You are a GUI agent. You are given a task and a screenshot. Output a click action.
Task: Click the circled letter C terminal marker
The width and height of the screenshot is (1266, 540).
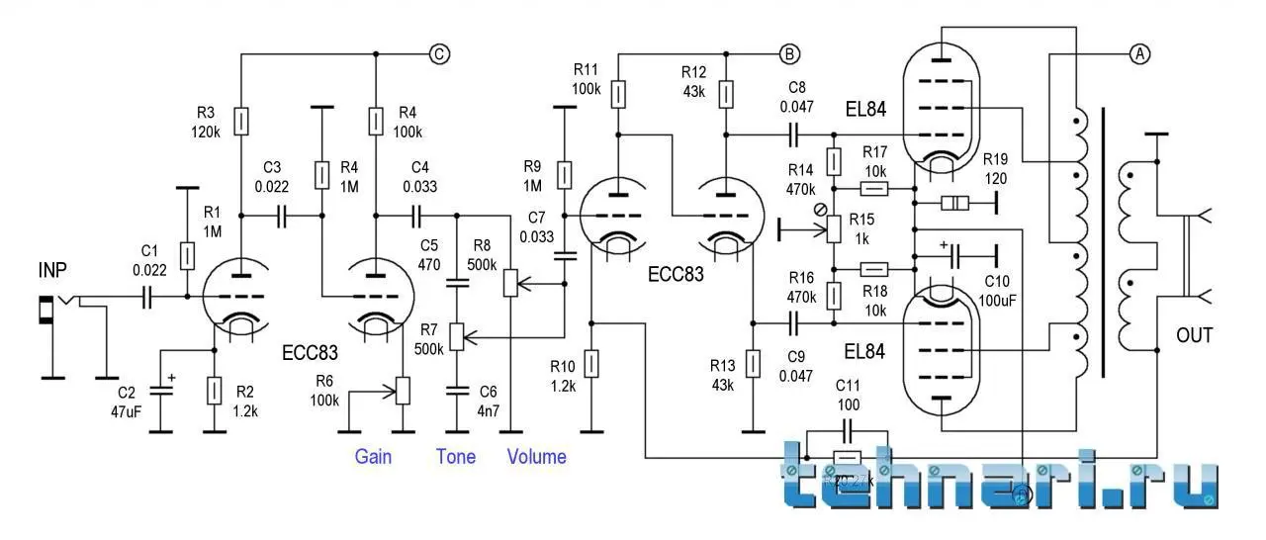[x=439, y=54]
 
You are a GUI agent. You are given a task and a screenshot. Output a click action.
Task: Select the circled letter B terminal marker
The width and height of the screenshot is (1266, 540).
[x=789, y=53]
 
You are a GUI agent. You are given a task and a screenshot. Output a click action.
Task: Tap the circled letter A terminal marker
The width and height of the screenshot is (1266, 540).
[x=1139, y=54]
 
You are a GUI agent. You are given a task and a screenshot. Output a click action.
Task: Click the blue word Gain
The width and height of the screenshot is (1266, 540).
[x=374, y=456]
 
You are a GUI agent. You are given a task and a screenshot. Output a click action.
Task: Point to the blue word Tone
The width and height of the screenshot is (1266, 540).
[x=456, y=456]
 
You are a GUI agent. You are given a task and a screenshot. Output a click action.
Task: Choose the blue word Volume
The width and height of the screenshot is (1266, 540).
[x=537, y=456]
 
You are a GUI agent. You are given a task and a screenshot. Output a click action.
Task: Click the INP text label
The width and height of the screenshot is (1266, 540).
[x=54, y=269]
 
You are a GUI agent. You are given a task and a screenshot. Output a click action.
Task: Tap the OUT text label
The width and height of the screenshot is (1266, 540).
[x=1194, y=335]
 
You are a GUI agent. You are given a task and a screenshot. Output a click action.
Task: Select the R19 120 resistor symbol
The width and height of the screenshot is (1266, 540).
[x=954, y=204]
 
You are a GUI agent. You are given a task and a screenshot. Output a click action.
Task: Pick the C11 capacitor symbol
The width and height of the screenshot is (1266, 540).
[x=848, y=431]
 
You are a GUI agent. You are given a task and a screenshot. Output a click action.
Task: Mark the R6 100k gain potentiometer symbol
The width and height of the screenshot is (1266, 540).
[x=403, y=391]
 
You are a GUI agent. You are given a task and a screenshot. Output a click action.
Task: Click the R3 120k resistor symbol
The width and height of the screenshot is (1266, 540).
[x=241, y=122]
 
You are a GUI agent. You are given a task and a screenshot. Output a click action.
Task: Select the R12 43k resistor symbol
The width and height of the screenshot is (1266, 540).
[x=726, y=95]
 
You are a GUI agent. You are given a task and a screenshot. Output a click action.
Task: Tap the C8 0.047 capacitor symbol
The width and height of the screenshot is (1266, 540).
[x=794, y=130]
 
